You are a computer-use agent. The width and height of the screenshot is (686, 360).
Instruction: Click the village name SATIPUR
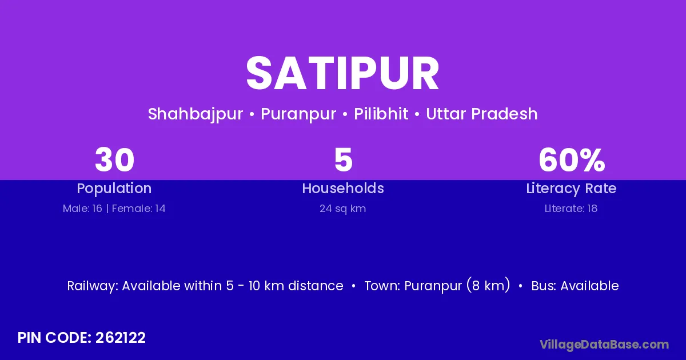click(x=342, y=74)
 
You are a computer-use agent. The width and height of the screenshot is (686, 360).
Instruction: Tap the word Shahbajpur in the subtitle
click(x=196, y=114)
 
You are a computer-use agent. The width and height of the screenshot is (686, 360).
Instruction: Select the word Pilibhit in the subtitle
click(x=381, y=114)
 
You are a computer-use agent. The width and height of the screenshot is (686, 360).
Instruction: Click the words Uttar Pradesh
click(x=482, y=114)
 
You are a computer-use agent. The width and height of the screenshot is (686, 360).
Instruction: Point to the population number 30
click(x=114, y=160)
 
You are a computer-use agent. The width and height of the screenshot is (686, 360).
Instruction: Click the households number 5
click(x=344, y=160)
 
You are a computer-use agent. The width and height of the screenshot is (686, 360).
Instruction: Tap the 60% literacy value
click(x=572, y=160)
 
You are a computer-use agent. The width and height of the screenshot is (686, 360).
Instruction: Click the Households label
click(x=343, y=188)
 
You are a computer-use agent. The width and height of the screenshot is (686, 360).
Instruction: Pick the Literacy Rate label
click(x=571, y=189)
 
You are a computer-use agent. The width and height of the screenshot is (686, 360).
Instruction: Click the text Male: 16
click(x=82, y=209)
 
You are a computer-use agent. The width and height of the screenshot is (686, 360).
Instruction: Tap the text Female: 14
click(x=139, y=209)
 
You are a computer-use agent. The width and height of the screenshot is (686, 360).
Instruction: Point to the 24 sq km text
click(x=342, y=209)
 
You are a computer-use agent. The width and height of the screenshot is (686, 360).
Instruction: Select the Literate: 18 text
click(x=571, y=209)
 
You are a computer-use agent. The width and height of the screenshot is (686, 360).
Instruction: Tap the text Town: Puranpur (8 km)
click(x=437, y=285)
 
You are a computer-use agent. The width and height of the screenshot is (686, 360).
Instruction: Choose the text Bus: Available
click(x=575, y=286)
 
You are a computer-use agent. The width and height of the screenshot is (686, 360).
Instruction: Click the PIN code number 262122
click(x=121, y=338)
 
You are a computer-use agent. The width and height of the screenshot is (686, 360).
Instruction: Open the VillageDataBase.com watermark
click(x=605, y=345)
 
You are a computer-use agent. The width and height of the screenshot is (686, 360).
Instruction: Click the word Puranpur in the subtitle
click(x=298, y=114)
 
